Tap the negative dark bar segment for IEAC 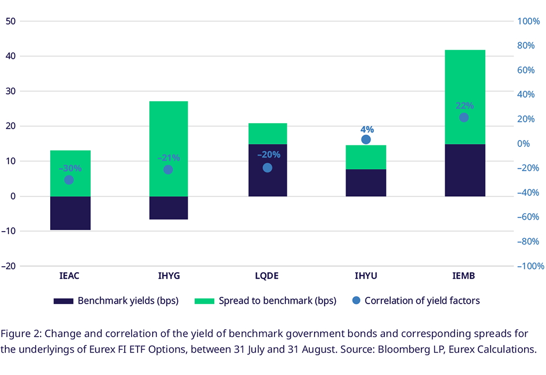pos(70,213)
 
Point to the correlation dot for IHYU pos(366,140)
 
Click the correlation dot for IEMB pos(464,117)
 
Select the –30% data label pos(70,168)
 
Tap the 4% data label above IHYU pos(367,129)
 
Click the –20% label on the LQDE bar pos(268,155)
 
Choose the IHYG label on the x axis pos(168,276)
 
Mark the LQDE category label pos(267,276)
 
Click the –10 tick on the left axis pos(10,231)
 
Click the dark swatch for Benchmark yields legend pos(63,301)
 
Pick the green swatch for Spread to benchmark pos(204,301)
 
